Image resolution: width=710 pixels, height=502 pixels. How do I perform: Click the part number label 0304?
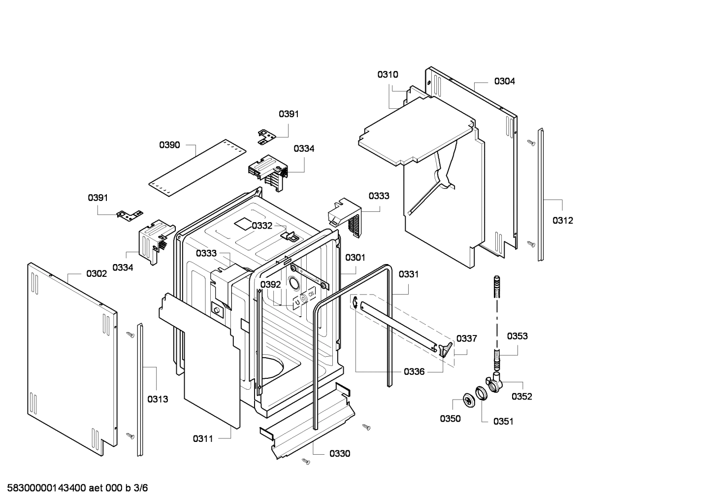click(505, 81)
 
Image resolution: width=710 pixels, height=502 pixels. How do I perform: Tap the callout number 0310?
click(388, 75)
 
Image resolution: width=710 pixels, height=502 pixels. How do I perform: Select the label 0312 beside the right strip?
click(563, 221)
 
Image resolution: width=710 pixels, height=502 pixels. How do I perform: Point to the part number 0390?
click(169, 145)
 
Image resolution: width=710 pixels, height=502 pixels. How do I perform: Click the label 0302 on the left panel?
click(97, 274)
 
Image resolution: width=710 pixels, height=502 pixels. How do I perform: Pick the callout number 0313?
click(158, 399)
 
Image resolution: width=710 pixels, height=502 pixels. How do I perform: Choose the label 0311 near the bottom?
click(203, 438)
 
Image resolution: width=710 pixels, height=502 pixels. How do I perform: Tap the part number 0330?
click(340, 453)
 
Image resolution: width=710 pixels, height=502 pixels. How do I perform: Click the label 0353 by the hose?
click(517, 336)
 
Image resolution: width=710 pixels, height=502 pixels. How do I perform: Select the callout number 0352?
click(522, 397)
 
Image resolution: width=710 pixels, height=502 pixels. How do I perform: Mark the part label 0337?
click(467, 338)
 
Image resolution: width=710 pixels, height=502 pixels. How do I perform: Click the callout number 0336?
click(414, 372)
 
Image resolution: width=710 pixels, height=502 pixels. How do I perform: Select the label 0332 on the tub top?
click(262, 226)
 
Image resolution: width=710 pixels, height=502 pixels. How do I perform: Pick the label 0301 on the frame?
click(355, 257)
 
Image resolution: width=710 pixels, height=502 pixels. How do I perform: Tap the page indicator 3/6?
click(141, 488)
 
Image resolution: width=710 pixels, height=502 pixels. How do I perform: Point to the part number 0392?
click(270, 285)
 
